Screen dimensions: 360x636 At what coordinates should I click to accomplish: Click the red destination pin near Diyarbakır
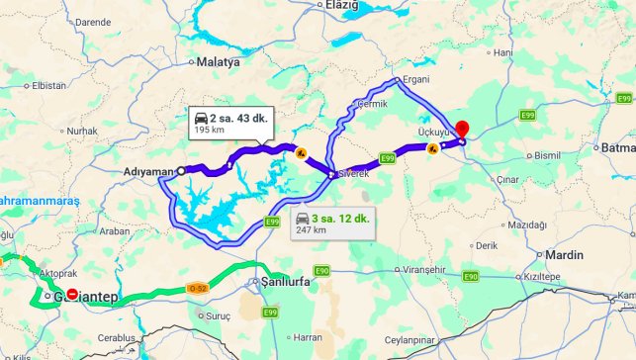(x=462, y=133)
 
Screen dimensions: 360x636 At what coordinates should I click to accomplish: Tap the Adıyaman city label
(x=147, y=171)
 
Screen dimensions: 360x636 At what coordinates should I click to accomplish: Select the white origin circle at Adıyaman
(x=180, y=171)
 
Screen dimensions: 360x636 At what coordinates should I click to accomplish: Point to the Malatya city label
(x=219, y=61)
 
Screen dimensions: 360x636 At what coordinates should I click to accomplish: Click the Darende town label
(x=93, y=21)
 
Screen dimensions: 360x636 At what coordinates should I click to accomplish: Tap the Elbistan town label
(x=48, y=85)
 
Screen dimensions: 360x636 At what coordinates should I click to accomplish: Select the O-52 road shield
(x=198, y=288)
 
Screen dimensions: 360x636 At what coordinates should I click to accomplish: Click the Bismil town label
(x=546, y=155)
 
